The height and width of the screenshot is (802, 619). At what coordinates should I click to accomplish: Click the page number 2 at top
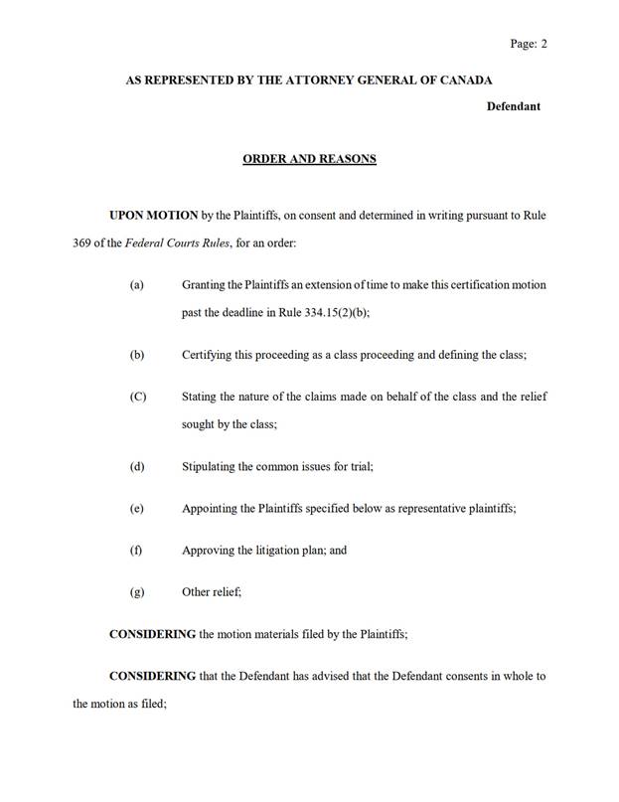point(544,44)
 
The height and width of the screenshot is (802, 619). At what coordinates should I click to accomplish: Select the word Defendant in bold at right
point(513,106)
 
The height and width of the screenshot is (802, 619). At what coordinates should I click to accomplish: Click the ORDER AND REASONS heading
point(309,158)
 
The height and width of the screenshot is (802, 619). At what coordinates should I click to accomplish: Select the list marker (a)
point(137,285)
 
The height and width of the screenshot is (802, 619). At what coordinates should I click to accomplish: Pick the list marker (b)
point(137,355)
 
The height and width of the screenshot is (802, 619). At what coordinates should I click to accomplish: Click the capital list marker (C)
point(138,397)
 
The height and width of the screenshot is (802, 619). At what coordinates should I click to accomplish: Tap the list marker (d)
point(137,466)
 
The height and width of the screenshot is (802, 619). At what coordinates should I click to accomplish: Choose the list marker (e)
point(137,508)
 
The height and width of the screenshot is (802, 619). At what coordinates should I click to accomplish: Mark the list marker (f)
point(136,550)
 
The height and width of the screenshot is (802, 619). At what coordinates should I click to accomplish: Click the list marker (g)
point(137,591)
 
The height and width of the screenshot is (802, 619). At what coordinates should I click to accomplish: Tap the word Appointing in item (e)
point(214,508)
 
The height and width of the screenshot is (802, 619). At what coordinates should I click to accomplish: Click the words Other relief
point(211,591)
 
